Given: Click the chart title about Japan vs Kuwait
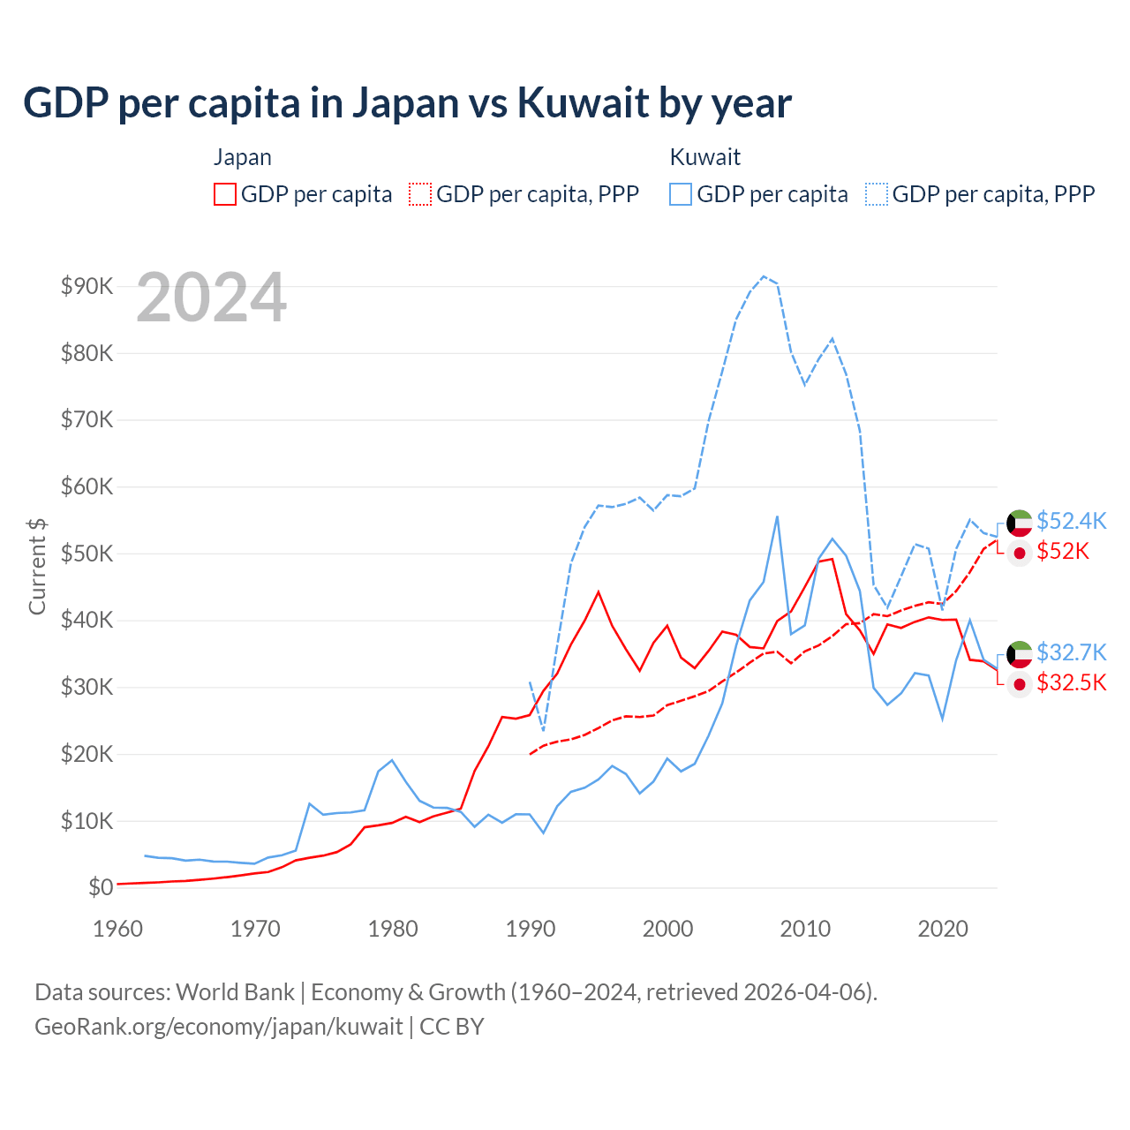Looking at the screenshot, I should pyautogui.click(x=407, y=102).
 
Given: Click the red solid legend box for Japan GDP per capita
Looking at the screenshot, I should pyautogui.click(x=225, y=194).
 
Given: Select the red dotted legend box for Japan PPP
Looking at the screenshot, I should pyautogui.click(x=420, y=194).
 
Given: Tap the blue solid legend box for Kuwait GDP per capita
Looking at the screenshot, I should pyautogui.click(x=680, y=194).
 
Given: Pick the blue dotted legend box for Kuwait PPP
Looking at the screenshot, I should pyautogui.click(x=877, y=194).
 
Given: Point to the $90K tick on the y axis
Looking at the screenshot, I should pyautogui.click(x=87, y=286).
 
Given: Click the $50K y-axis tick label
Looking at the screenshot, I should pyautogui.click(x=87, y=554).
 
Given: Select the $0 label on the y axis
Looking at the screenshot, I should pyautogui.click(x=100, y=887).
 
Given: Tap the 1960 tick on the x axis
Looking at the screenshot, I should pyautogui.click(x=117, y=929).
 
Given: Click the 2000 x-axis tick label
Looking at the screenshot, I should pyautogui.click(x=667, y=929).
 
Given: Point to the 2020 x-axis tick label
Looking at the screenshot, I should pyautogui.click(x=943, y=929).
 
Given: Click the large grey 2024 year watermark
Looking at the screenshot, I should pyautogui.click(x=211, y=298).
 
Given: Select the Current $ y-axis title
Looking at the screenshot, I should pyautogui.click(x=37, y=566).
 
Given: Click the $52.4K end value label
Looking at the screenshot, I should pyautogui.click(x=1071, y=521).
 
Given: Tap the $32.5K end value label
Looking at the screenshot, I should pyautogui.click(x=1071, y=682).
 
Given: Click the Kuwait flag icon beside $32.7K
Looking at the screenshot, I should pyautogui.click(x=1020, y=654).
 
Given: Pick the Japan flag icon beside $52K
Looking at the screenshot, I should pyautogui.click(x=1020, y=553).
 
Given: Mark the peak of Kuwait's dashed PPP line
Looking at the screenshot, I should pyautogui.click(x=764, y=276).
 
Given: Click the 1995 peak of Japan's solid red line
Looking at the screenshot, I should pyautogui.click(x=599, y=591).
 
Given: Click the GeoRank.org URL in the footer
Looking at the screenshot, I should pyautogui.click(x=218, y=1027).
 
